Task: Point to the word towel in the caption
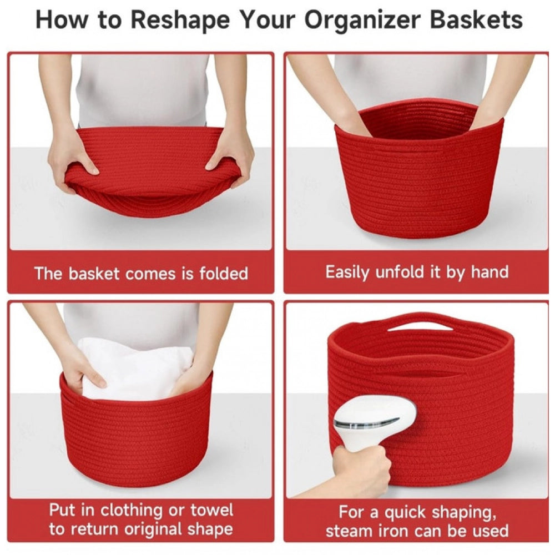[x=206, y=509]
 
